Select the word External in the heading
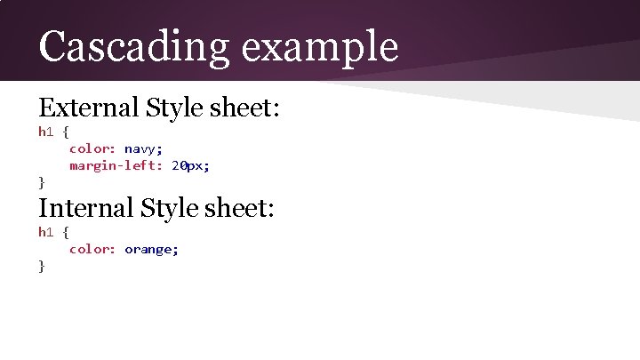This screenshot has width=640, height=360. coord(87,108)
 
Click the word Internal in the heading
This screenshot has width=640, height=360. coord(84,209)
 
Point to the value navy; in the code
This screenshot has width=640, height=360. coord(143,148)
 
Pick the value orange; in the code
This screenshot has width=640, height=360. coord(151,249)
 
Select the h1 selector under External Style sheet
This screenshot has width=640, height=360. coord(46,132)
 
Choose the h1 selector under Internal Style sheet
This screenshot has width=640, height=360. coord(46,232)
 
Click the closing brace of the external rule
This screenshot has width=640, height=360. coord(42,182)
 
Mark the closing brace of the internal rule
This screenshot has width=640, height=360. coord(42,266)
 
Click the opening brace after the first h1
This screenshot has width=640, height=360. coord(66,132)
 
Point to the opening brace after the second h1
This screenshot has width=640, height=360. coord(66,232)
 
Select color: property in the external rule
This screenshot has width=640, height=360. coord(93,148)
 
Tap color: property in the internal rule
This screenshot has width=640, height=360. coord(93,249)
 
